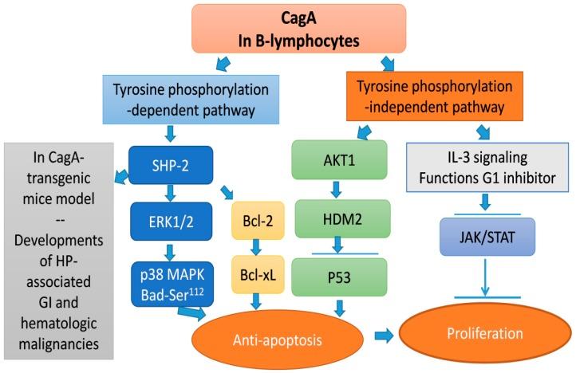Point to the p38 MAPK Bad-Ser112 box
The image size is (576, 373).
[x=170, y=279]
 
